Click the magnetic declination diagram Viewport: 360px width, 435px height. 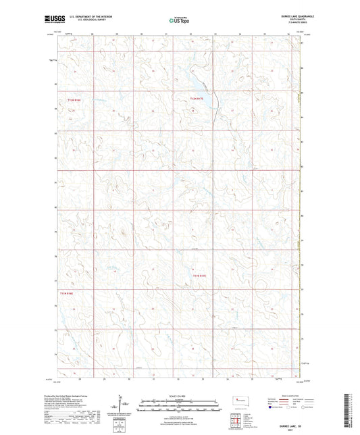(x=122, y=405)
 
